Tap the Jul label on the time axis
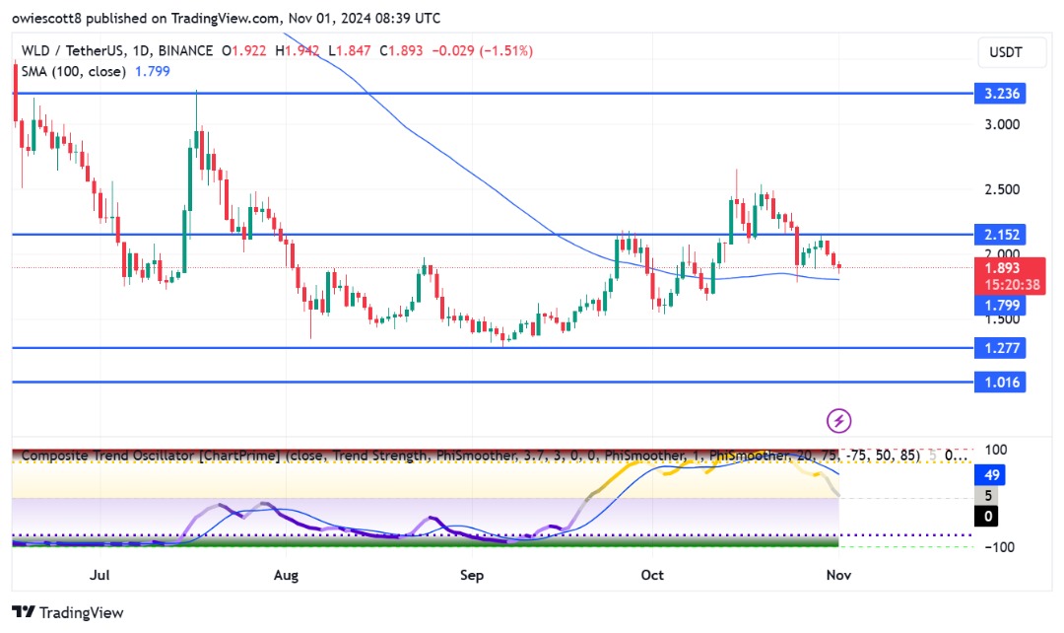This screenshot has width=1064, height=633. tap(100, 573)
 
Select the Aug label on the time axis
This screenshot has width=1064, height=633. tap(286, 573)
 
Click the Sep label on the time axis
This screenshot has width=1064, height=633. tap(472, 573)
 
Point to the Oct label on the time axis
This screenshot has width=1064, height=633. tap(652, 573)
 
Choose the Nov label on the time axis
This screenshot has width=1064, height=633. tap(838, 573)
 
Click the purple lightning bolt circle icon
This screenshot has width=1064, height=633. tap(838, 421)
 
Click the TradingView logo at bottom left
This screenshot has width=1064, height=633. tap(68, 612)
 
